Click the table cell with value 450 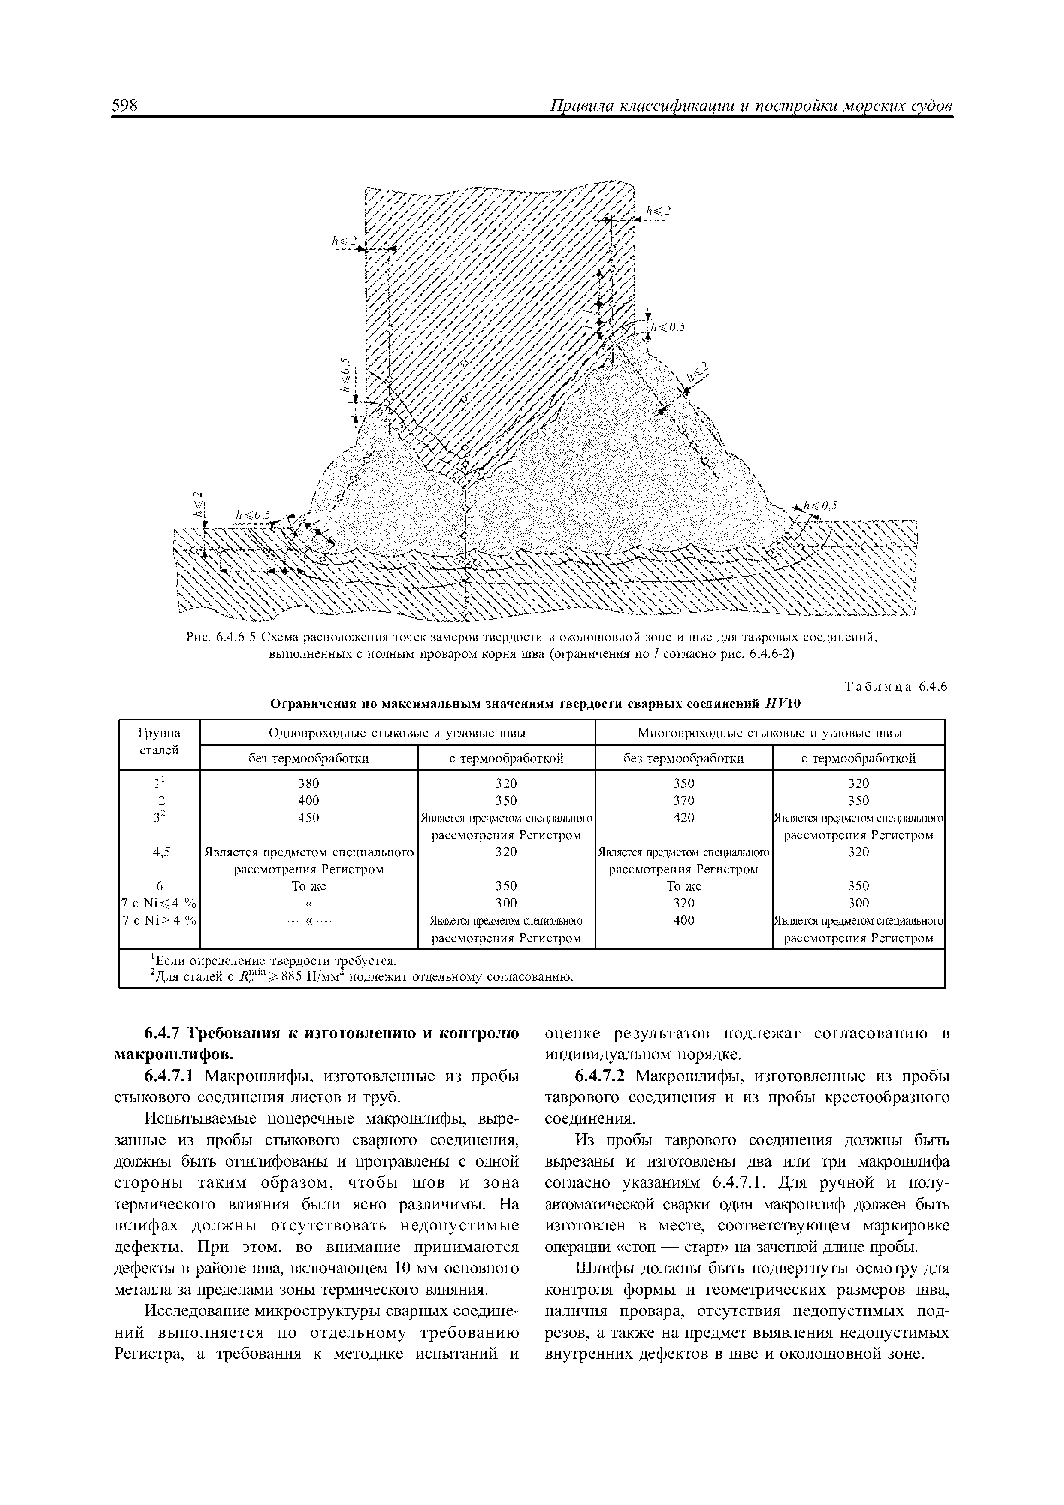tap(308, 817)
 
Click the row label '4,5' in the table tap(160, 852)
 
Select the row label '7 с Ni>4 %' tap(159, 920)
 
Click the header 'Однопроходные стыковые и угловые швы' tap(397, 732)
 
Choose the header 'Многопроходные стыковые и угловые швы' tap(770, 732)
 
